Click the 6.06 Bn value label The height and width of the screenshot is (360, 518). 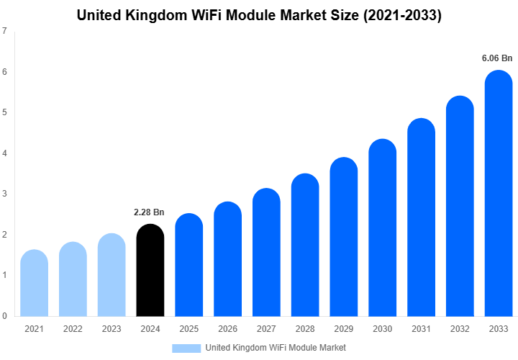pyautogui.click(x=497, y=57)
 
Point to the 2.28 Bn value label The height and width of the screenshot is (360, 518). pyautogui.click(x=149, y=212)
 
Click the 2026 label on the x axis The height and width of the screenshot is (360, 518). pyautogui.click(x=227, y=329)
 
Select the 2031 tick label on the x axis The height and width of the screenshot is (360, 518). pyautogui.click(x=421, y=329)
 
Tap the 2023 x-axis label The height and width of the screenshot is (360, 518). pyautogui.click(x=111, y=329)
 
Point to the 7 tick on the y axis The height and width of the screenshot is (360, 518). pyautogui.click(x=5, y=31)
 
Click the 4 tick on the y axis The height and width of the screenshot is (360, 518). pyautogui.click(x=5, y=153)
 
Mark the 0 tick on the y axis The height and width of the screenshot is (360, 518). pyautogui.click(x=5, y=316)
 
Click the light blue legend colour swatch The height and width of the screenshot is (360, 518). pyautogui.click(x=186, y=348)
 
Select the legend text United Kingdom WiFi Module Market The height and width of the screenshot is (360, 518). pyautogui.click(x=276, y=348)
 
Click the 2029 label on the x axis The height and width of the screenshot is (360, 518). pyautogui.click(x=344, y=329)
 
